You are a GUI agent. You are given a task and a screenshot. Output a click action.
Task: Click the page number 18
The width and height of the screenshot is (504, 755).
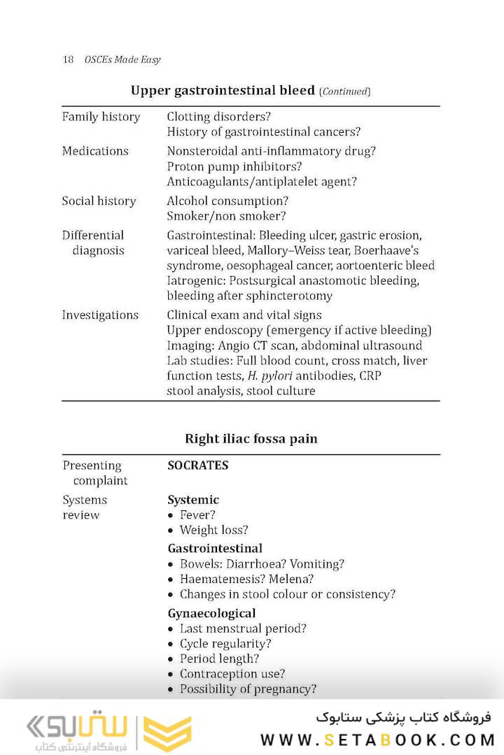click(x=68, y=59)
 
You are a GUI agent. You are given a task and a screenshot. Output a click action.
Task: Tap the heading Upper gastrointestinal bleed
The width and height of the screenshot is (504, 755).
click(x=223, y=91)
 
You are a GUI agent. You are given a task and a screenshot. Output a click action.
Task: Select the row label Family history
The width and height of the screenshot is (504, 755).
click(x=101, y=117)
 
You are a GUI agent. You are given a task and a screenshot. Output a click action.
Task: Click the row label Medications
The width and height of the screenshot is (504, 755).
click(x=95, y=151)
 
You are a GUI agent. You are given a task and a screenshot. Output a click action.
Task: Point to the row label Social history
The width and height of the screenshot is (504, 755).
click(x=99, y=201)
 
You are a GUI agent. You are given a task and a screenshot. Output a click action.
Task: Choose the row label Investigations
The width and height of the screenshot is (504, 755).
click(x=100, y=315)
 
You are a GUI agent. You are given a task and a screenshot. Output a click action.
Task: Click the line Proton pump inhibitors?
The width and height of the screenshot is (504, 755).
click(x=234, y=166)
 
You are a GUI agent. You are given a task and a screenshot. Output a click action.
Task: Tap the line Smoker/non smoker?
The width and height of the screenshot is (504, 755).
click(x=227, y=216)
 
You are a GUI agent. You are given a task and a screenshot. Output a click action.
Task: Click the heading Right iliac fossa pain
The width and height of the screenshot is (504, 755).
click(x=251, y=439)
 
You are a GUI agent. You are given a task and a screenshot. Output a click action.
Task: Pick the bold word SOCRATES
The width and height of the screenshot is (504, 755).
click(x=197, y=465)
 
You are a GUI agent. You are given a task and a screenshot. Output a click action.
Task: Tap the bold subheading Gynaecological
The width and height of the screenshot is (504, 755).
click(x=211, y=613)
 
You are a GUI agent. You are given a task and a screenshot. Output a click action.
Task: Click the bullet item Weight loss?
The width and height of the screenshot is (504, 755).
click(x=213, y=530)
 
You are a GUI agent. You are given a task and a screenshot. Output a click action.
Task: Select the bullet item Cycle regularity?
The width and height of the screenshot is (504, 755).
click(x=225, y=643)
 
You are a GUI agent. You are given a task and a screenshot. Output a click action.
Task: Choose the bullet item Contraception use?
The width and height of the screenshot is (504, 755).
click(x=232, y=674)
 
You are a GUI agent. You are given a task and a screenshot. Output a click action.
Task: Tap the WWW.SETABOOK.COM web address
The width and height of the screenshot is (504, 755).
click(x=377, y=740)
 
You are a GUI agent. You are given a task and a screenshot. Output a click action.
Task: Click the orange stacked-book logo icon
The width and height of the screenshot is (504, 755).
click(x=167, y=733)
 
